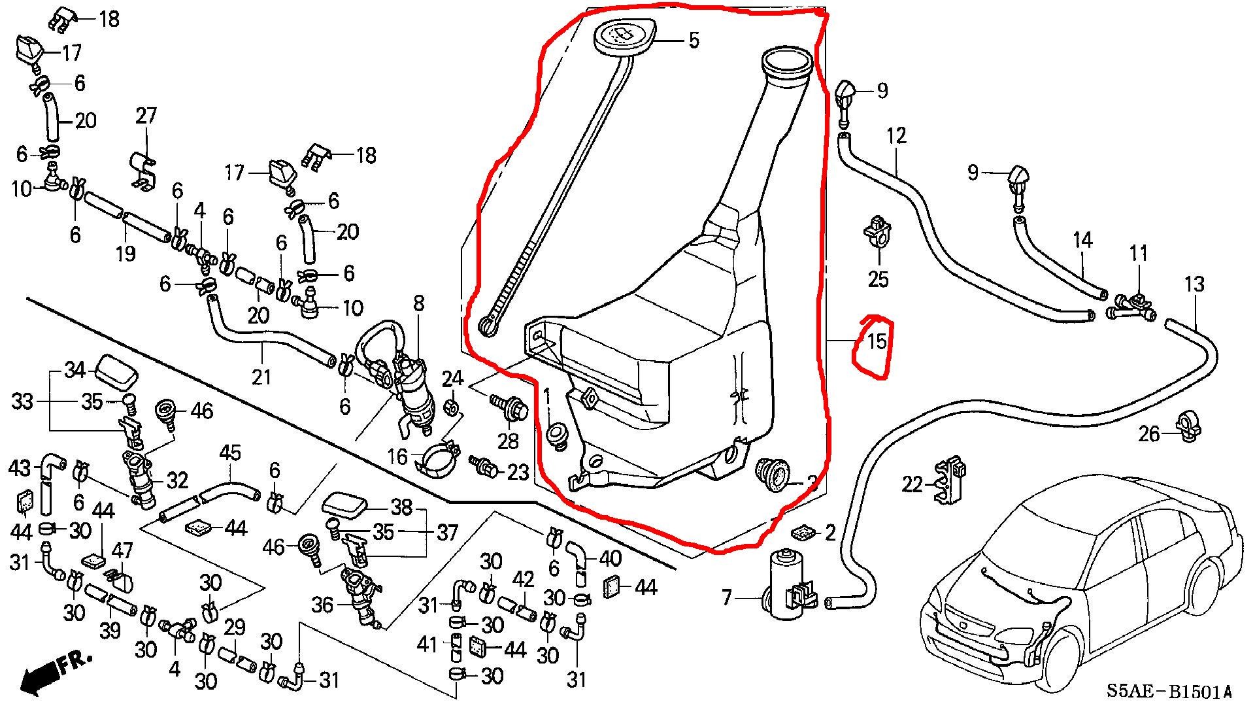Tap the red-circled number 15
(876, 341)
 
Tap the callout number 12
(896, 137)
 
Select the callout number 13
(1194, 284)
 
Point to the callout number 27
(146, 116)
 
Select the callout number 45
(229, 452)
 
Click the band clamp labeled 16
(433, 458)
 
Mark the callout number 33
(22, 401)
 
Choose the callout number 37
(447, 532)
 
